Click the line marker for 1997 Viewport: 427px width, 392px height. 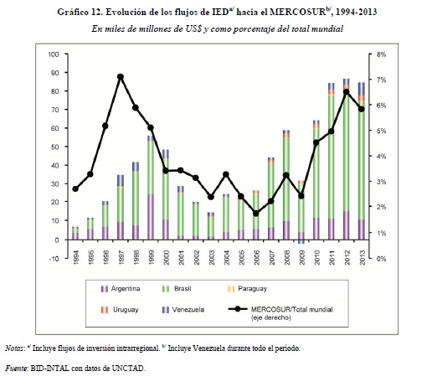pos(121,77)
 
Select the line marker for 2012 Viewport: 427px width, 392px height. pos(347,92)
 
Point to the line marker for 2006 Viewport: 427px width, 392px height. pos(256,214)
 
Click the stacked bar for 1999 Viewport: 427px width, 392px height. pos(151,188)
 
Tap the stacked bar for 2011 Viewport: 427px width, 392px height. pos(332,161)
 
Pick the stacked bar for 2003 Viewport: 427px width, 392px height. pos(211,226)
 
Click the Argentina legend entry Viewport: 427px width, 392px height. pos(121,289)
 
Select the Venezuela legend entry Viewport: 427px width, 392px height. pos(183,310)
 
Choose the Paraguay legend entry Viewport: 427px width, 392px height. pos(247,289)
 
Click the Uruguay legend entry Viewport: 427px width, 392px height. pos(120,310)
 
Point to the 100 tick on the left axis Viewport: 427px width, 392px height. pos(54,54)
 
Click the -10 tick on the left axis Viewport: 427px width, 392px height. pos(54,259)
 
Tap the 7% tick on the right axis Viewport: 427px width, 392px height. pos(381,80)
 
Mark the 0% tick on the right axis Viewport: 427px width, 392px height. pos(381,259)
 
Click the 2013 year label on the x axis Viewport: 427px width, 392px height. pos(362,257)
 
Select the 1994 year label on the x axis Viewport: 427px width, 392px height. pos(75,257)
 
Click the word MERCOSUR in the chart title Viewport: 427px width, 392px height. pos(298,12)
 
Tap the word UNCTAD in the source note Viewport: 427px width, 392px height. pos(128,369)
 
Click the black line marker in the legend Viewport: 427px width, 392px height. pos(238,309)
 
